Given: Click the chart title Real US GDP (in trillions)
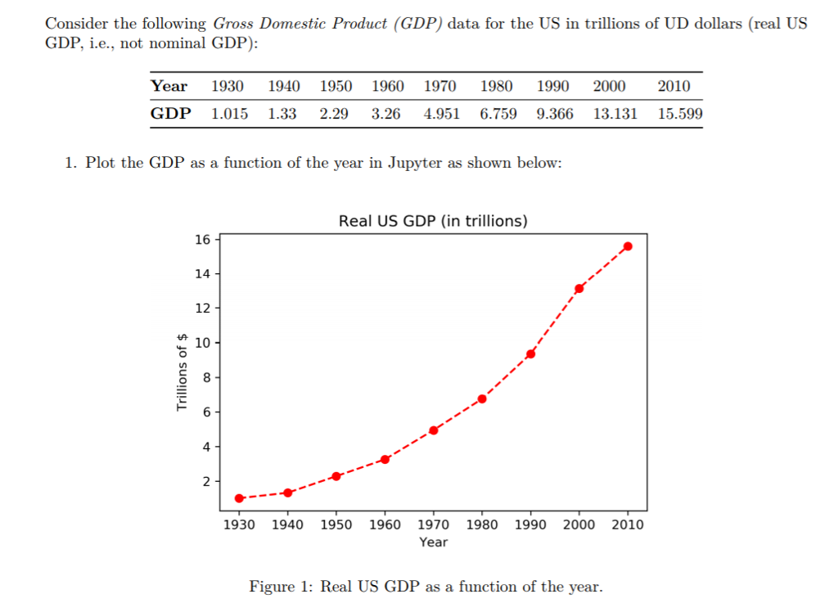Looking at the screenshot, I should pos(433,221).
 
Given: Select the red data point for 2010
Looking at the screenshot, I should pos(628,245).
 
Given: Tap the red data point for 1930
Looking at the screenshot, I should pos(239,497).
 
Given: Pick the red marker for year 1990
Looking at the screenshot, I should pos(530,353).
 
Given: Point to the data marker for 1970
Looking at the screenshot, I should pos(434,430).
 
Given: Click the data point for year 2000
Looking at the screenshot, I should pos(579,288).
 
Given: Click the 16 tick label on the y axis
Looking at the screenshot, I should pos(202,239).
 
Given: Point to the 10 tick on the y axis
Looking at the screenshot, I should pos(202,342).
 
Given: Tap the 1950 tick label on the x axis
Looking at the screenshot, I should pos(336,524).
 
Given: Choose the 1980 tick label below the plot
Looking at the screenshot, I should pos(482,524).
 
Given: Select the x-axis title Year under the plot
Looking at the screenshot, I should pos(433,542).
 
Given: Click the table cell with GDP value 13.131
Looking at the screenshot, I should pos(615,114).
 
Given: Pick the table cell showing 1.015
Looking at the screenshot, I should pos(229,114).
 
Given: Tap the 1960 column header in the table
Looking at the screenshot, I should pos(387,86).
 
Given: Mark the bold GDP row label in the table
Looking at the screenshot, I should pos(170,114).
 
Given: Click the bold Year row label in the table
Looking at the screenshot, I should pos(169,86).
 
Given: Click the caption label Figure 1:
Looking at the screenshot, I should pos(282,587).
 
